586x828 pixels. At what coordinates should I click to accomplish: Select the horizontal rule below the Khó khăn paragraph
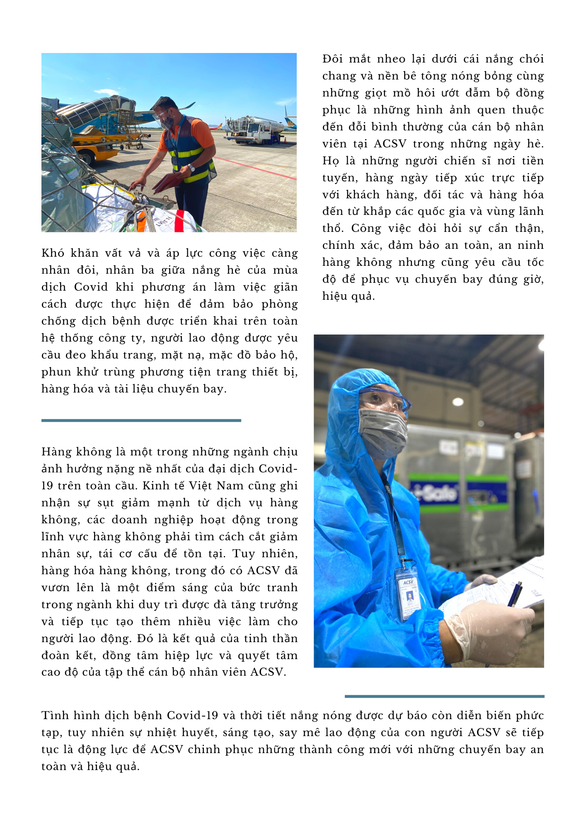(141, 420)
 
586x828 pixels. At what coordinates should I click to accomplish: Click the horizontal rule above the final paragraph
(444, 696)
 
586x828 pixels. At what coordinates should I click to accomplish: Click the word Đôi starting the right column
(332, 59)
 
